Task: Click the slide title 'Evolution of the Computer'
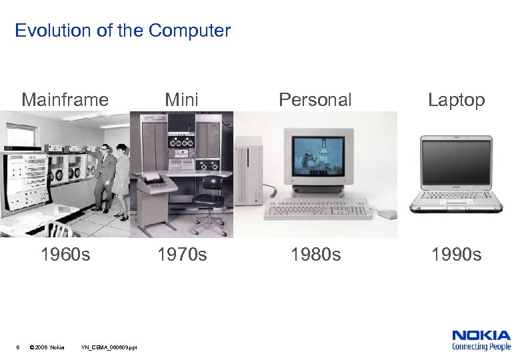pos(123,31)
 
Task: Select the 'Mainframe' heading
pos(65,100)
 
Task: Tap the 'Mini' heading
pos(181,100)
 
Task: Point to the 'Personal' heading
pos(315,100)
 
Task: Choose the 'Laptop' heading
pos(456,100)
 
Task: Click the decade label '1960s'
pos(65,255)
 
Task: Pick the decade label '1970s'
pos(181,255)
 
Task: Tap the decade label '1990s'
pos(457,255)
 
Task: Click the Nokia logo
pos(481,339)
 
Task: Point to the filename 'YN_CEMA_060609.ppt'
pos(109,347)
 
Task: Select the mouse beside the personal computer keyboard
pos(386,214)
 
